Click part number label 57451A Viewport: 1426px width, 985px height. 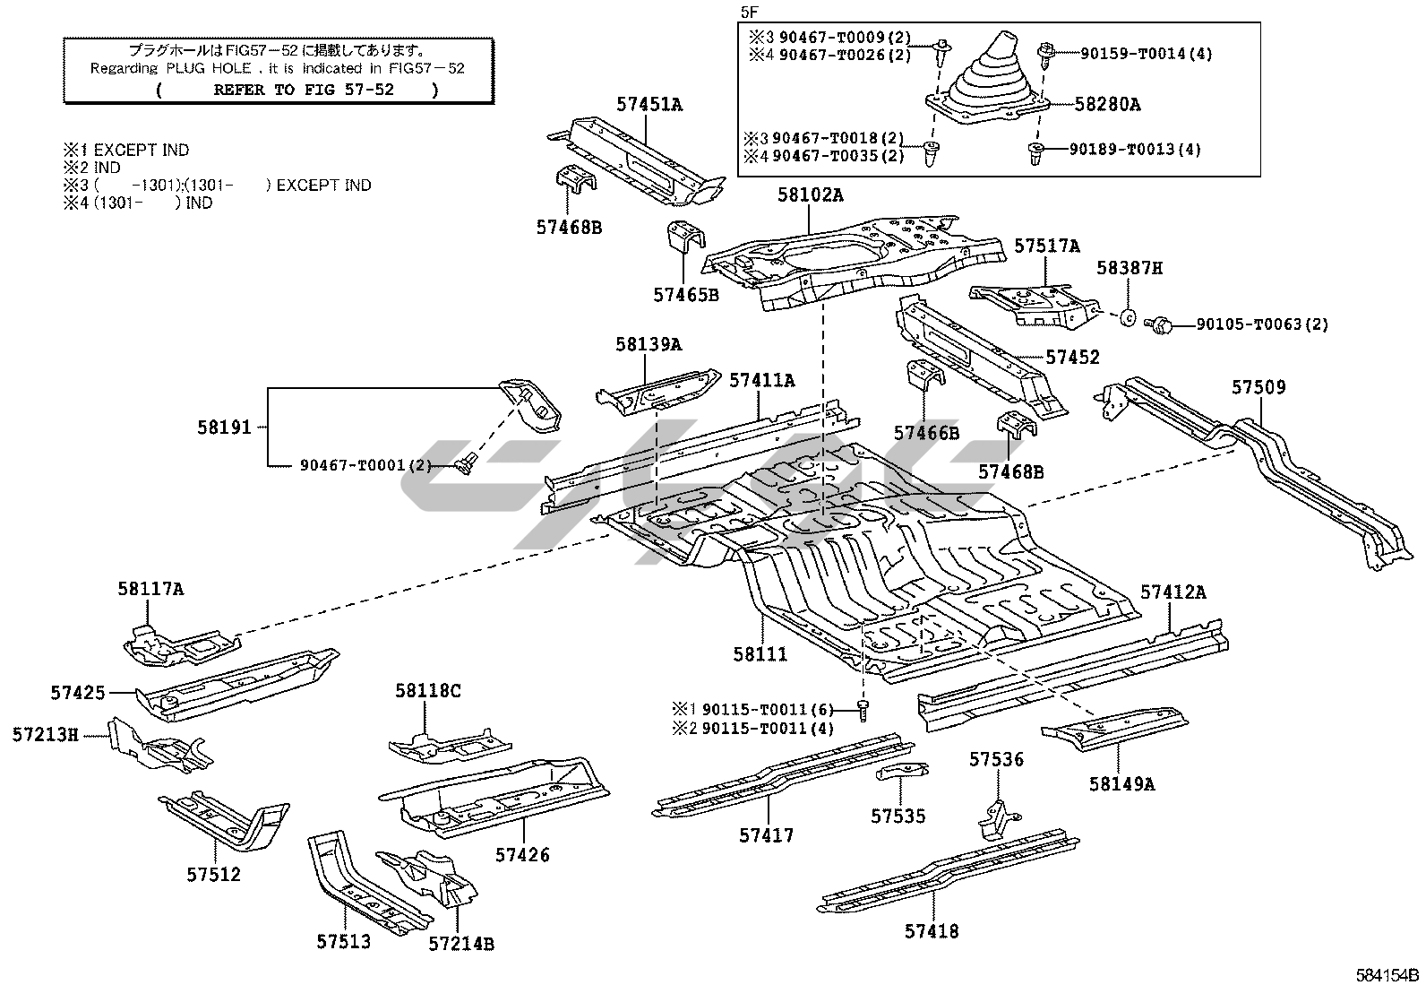[649, 105]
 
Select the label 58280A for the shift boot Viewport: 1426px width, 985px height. [1107, 105]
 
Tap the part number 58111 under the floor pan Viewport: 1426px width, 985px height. [760, 654]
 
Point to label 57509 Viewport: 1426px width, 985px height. [1258, 387]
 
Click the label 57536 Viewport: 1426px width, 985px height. [995, 760]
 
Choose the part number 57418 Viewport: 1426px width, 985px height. [931, 931]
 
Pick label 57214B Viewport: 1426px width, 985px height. [460, 943]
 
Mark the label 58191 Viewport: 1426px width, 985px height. [224, 428]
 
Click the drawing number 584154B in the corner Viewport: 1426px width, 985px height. [1387, 974]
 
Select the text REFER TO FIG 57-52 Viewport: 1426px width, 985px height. [297, 89]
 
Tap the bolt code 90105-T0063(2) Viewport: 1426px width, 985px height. [1262, 324]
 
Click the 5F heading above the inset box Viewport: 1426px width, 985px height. [748, 12]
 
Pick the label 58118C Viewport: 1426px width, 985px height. [427, 691]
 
